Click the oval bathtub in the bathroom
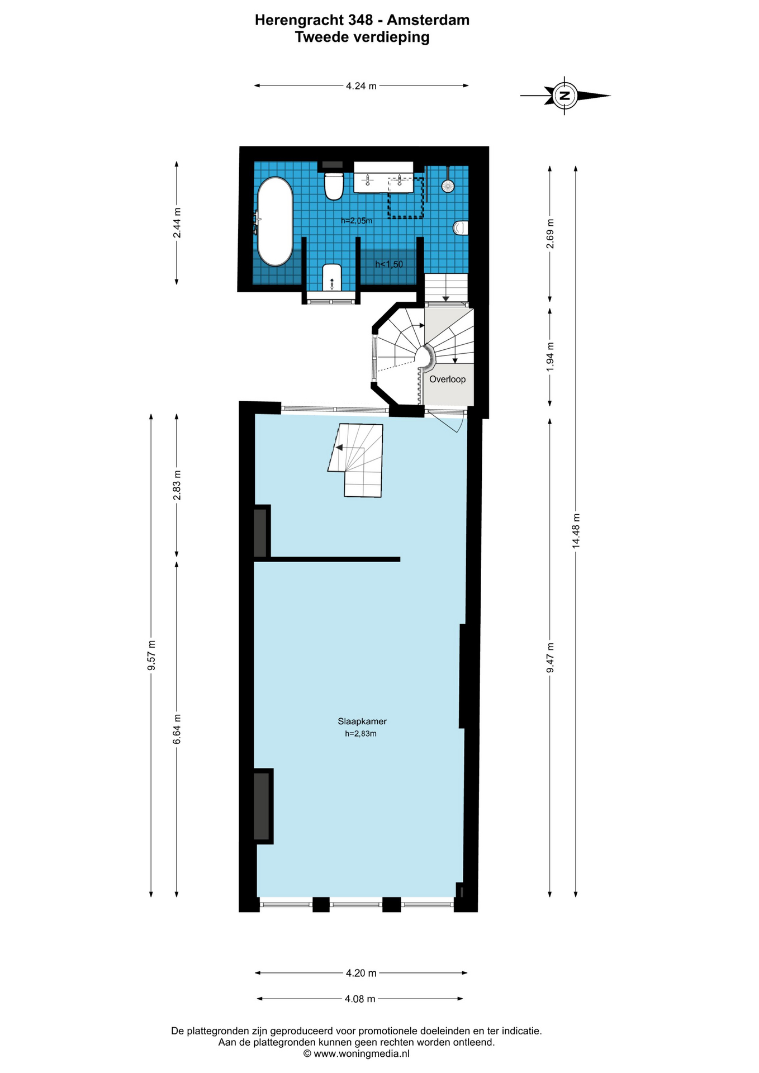click(274, 221)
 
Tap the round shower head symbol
click(448, 186)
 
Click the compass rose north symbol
click(564, 96)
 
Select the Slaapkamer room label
click(362, 721)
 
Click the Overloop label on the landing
click(447, 379)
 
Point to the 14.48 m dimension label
click(576, 531)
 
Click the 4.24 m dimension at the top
click(361, 86)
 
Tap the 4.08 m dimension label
click(360, 999)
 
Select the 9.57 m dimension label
click(151, 656)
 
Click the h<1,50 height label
click(389, 264)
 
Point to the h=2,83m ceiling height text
click(360, 734)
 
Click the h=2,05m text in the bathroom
click(357, 221)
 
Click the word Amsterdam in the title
click(428, 20)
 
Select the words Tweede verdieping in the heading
click(362, 37)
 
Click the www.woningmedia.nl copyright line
click(357, 1053)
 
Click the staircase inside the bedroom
click(356, 460)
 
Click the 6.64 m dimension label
click(177, 729)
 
